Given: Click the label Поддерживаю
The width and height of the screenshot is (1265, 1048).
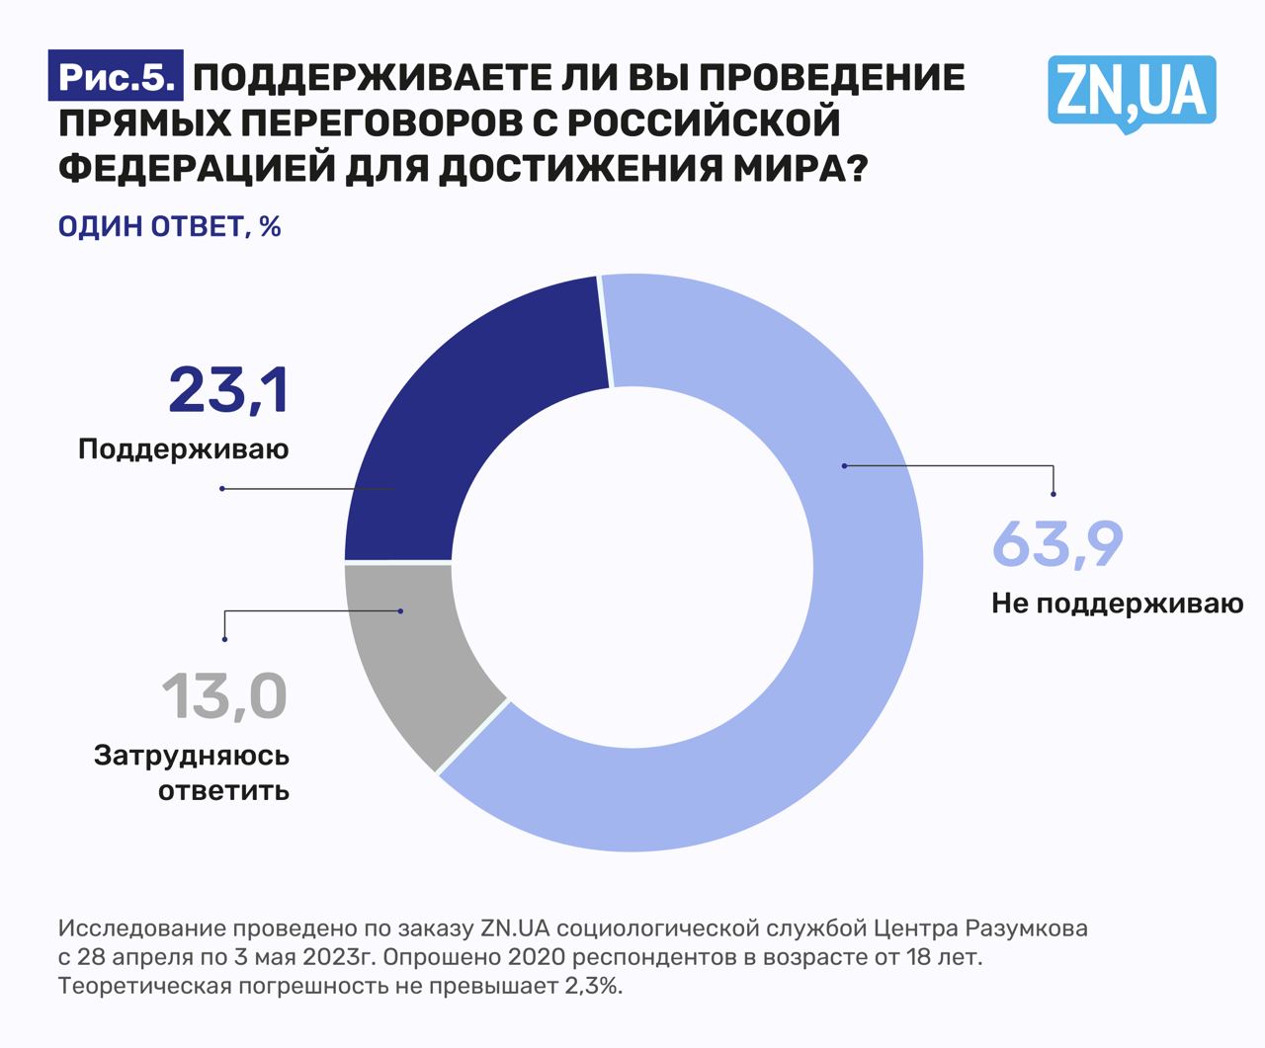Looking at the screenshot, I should click(x=184, y=449).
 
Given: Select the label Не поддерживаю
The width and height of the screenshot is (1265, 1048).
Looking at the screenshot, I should click(x=1117, y=603).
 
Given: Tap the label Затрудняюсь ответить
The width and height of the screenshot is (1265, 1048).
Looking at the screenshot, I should click(x=192, y=773).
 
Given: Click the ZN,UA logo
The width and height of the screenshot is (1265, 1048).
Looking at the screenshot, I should click(x=1132, y=92).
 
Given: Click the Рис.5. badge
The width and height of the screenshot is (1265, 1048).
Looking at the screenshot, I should click(x=116, y=78).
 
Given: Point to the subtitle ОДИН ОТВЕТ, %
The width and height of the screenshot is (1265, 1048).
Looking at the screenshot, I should click(x=170, y=226).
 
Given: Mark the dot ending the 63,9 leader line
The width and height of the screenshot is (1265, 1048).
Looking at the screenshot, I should click(x=1054, y=494).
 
